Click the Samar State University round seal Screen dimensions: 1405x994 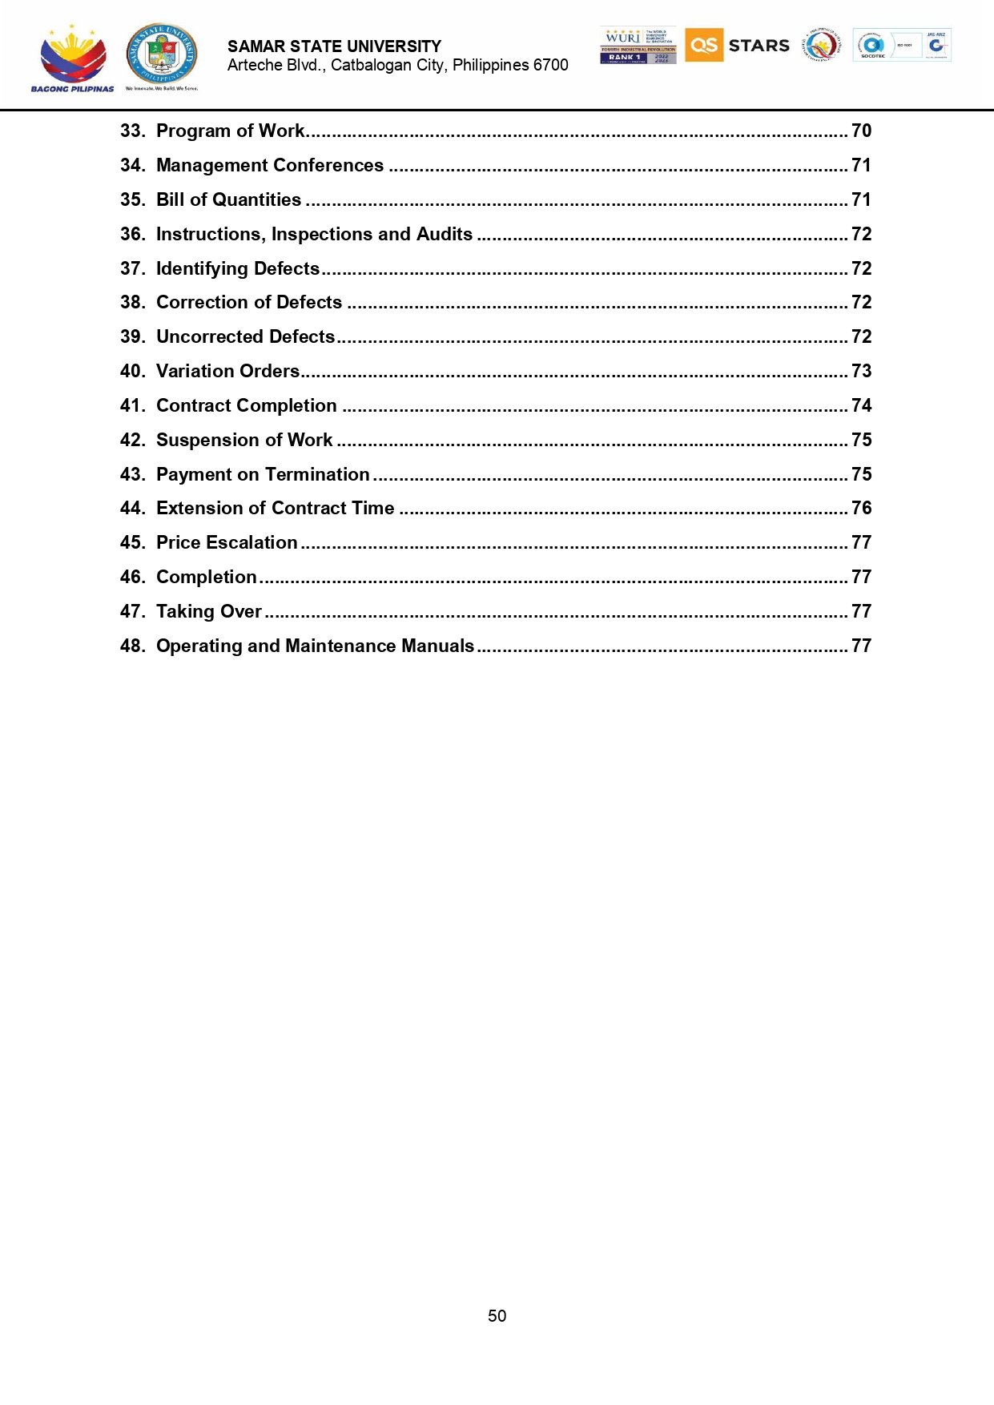[162, 54]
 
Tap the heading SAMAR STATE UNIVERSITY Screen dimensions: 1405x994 [334, 46]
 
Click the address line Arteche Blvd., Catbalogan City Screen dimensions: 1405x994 [397, 65]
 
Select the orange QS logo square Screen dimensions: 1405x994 [704, 45]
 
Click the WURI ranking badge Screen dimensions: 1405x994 [638, 45]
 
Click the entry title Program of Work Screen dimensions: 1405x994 [230, 131]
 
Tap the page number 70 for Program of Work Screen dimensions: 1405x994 [861, 131]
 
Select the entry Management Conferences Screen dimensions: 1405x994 [270, 165]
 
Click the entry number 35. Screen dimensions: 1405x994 [132, 199]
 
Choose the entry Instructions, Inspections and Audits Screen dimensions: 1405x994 [314, 234]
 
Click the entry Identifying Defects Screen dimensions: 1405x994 [238, 268]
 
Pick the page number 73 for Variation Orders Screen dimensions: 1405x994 [861, 371]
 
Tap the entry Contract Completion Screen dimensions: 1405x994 [246, 405]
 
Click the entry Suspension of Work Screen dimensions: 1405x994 [244, 440]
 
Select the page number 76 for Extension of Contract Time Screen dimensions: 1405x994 [861, 508]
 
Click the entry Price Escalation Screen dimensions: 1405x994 [227, 542]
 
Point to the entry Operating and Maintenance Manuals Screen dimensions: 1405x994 [315, 646]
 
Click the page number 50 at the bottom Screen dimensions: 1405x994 [497, 1315]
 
